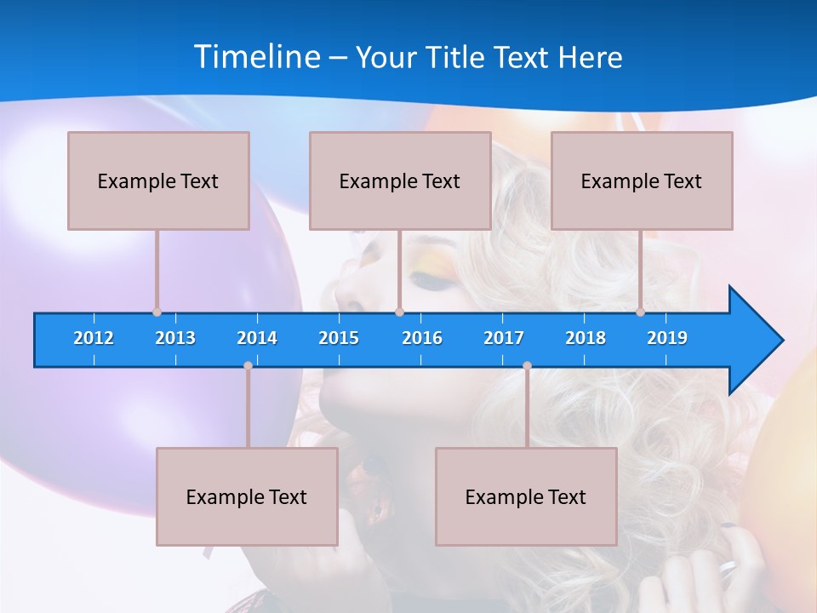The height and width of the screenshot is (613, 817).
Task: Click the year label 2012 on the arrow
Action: click(94, 338)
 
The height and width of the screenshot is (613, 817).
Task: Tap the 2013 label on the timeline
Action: click(175, 338)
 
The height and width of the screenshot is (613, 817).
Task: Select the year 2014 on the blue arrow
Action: click(257, 338)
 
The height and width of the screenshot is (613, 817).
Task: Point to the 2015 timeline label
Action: click(339, 338)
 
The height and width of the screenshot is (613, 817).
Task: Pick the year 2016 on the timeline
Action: click(422, 338)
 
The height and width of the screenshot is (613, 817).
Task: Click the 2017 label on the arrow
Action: click(504, 338)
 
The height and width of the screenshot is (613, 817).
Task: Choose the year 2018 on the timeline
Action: click(586, 338)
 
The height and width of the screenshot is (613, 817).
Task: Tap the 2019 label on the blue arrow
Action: click(667, 338)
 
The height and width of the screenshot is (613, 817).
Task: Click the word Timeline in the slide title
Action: click(256, 57)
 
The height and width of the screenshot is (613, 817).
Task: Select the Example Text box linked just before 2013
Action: click(158, 180)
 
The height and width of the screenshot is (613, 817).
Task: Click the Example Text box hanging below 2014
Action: click(247, 496)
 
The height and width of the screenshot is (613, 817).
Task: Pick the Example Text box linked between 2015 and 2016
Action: click(400, 180)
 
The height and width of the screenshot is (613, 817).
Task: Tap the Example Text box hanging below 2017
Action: click(526, 496)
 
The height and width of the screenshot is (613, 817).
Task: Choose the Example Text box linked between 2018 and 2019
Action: click(642, 180)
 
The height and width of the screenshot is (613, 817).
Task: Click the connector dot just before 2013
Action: click(157, 312)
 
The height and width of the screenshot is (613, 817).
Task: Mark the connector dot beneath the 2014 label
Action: click(248, 366)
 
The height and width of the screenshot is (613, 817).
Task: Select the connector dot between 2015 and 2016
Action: click(399, 312)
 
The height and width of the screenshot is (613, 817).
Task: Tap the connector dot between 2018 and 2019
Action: click(640, 312)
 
